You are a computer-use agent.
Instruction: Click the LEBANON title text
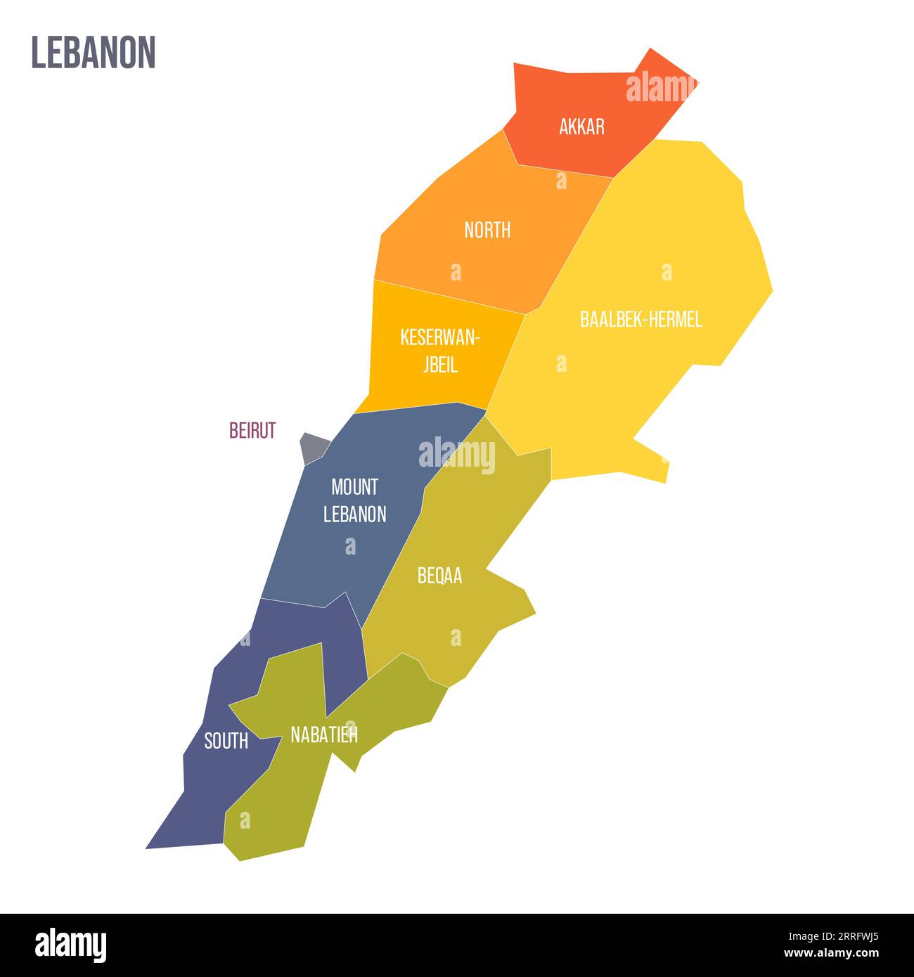[x=93, y=53]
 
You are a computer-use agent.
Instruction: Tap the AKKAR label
[x=581, y=127]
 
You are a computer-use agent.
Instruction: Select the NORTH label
[x=487, y=230]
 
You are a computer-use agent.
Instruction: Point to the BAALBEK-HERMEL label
[x=641, y=320]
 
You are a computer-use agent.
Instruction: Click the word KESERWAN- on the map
[x=439, y=337]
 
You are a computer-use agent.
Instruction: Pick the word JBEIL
[x=439, y=365]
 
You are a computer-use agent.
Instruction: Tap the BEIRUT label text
[x=252, y=430]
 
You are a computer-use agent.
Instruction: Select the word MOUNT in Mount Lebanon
[x=354, y=486]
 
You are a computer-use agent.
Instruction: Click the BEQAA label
[x=439, y=576]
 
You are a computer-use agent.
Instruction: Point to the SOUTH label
[x=226, y=741]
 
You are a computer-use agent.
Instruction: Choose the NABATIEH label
[x=324, y=735]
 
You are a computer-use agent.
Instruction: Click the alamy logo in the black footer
[x=71, y=945]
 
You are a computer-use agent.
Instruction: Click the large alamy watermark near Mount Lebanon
[x=457, y=455]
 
